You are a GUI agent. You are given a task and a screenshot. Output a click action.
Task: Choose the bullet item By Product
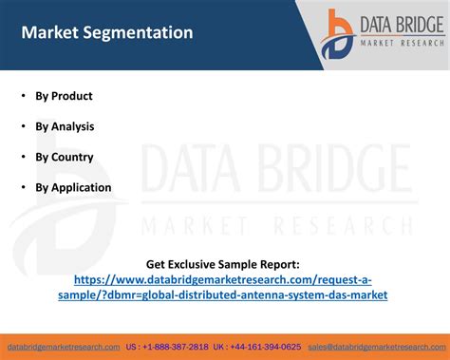click(64, 96)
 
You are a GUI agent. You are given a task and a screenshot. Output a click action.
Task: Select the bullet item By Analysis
click(65, 126)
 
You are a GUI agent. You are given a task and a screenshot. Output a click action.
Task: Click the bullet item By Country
click(65, 157)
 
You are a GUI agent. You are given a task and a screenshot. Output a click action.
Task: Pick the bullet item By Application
click(73, 187)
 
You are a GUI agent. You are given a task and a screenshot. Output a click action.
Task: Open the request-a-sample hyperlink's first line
click(224, 280)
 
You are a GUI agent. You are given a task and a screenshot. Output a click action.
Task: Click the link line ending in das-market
click(224, 295)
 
